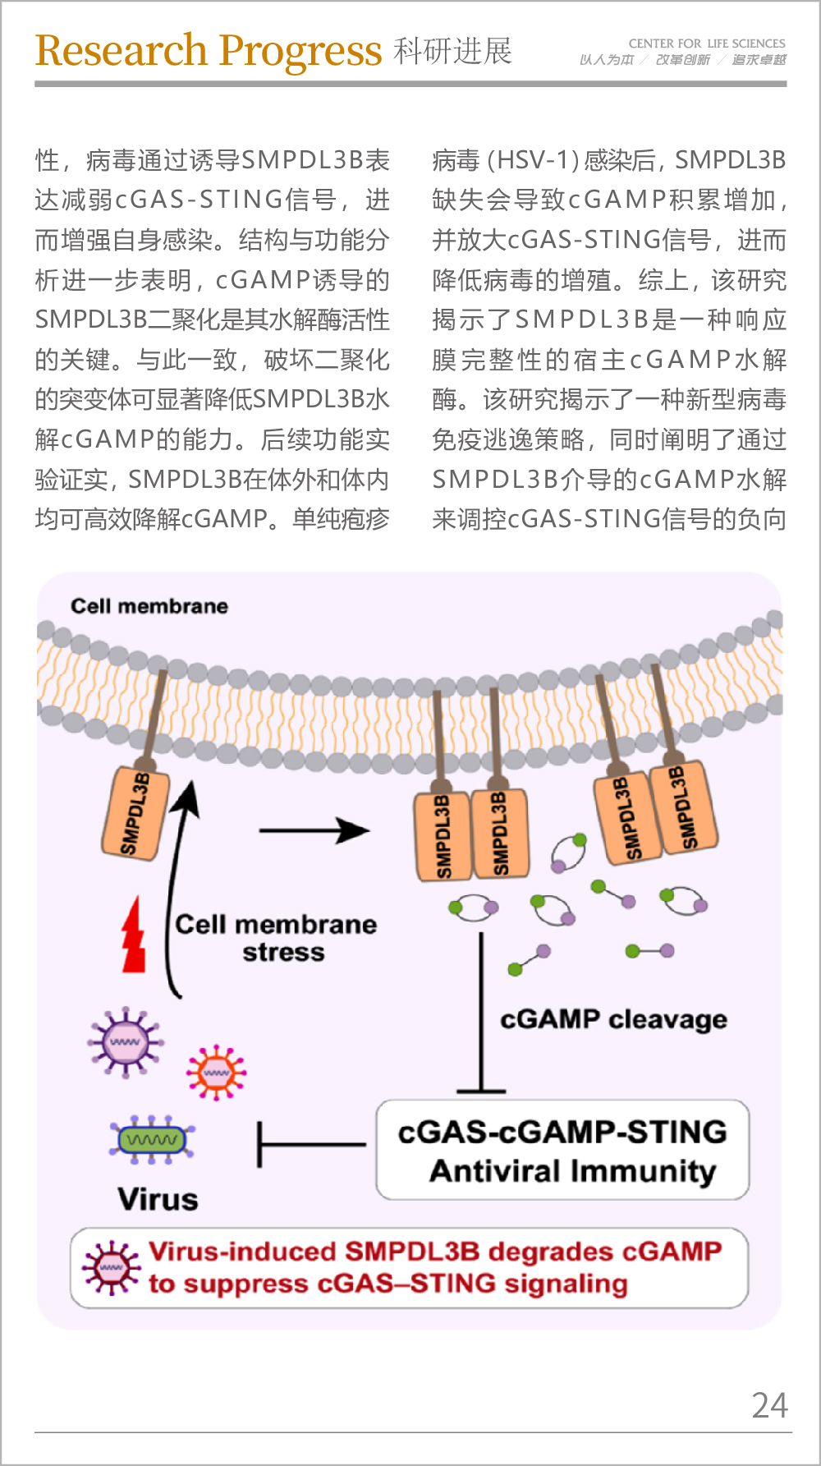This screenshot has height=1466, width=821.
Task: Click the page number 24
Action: pyautogui.click(x=769, y=1405)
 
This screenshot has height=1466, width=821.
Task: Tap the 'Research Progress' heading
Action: pyautogui.click(x=209, y=51)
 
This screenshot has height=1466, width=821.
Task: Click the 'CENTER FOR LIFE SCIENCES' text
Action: pyautogui.click(x=706, y=44)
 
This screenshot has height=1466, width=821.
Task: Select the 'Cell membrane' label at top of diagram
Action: pyautogui.click(x=149, y=606)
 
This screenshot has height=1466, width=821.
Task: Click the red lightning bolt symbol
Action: pyautogui.click(x=133, y=935)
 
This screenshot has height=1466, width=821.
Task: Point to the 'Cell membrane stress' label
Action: pyautogui.click(x=277, y=938)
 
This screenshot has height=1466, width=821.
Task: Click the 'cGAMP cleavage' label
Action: pyautogui.click(x=613, y=1019)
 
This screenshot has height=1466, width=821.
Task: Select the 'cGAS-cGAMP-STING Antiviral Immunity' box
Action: pyautogui.click(x=562, y=1150)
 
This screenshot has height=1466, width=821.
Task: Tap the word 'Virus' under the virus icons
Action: pyautogui.click(x=158, y=1199)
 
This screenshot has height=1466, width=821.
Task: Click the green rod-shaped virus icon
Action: pyautogui.click(x=152, y=1139)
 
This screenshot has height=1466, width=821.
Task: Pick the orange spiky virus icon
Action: pyautogui.click(x=216, y=1072)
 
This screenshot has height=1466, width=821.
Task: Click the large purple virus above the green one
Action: pyautogui.click(x=125, y=1041)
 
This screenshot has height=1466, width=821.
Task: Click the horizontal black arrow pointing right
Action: pyautogui.click(x=314, y=831)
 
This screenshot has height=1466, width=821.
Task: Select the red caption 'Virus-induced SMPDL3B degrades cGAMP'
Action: pyautogui.click(x=435, y=1252)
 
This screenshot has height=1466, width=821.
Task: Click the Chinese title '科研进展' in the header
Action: pyautogui.click(x=452, y=51)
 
